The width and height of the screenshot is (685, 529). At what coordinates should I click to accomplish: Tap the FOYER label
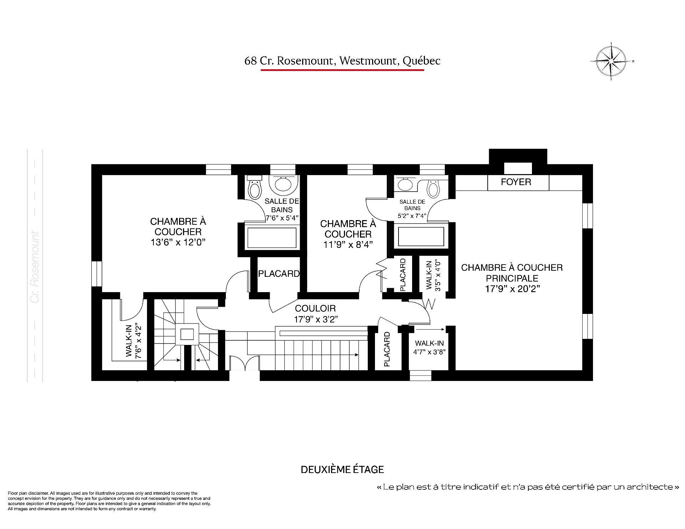pos(516,182)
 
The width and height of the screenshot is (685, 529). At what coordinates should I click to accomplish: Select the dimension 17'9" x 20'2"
pos(512,289)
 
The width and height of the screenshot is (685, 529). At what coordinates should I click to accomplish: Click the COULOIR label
pos(315,308)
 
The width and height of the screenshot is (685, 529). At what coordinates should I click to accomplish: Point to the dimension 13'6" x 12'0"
pos(178,242)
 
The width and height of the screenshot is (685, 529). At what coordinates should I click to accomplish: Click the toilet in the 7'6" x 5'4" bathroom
pos(255,188)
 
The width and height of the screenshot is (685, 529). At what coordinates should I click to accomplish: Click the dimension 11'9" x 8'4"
pos(348,244)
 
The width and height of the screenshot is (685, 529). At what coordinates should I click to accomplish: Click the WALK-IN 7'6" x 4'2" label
pos(134,341)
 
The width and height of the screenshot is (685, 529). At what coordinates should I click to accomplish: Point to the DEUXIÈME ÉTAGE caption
pos(342,469)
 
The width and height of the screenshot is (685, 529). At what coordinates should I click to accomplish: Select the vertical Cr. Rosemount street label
pos(35,267)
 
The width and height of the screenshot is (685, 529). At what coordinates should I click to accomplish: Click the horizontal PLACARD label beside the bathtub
pos(279,274)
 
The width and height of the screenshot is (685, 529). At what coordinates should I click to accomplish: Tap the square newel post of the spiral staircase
pos(187,334)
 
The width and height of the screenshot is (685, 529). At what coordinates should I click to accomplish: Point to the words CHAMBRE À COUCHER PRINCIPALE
pos(512,273)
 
